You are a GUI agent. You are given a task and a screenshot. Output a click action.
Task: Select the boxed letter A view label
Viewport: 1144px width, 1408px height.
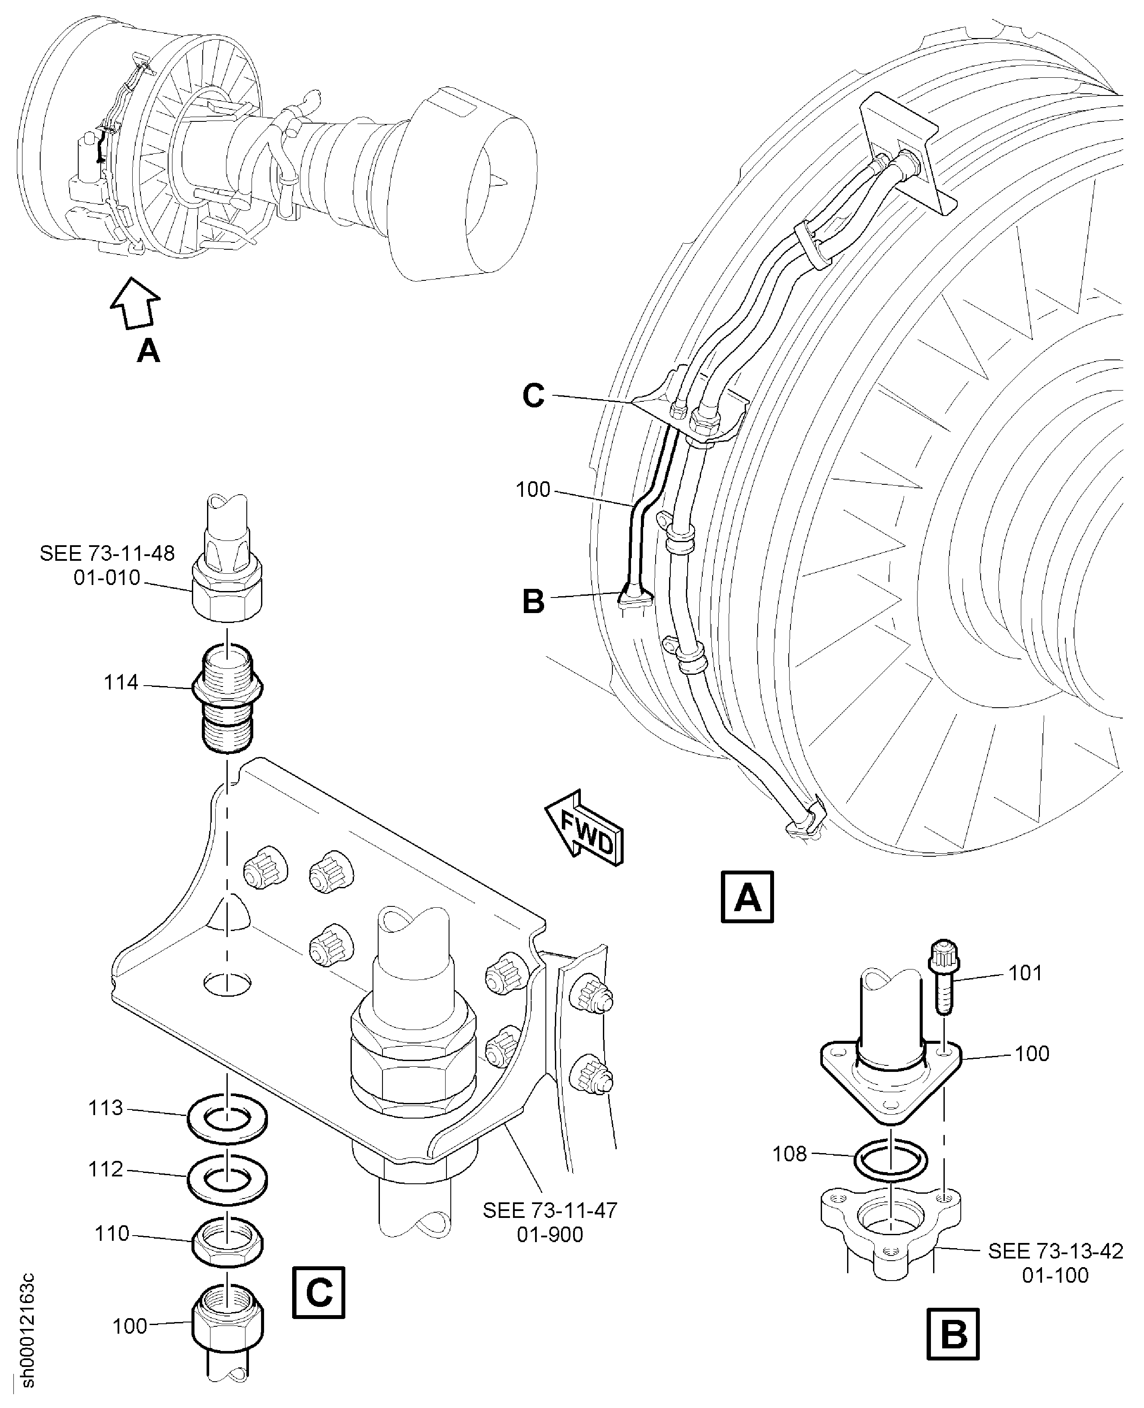pyautogui.click(x=747, y=897)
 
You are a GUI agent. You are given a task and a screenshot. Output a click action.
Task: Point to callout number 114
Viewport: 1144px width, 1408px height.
pyautogui.click(x=121, y=683)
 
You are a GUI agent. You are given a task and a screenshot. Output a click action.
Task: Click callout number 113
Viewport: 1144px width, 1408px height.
pyautogui.click(x=106, y=1108)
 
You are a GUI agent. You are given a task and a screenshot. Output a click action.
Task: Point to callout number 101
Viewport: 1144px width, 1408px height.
pyautogui.click(x=1026, y=973)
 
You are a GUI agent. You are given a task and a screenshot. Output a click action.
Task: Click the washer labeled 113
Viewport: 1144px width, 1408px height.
pyautogui.click(x=227, y=1119)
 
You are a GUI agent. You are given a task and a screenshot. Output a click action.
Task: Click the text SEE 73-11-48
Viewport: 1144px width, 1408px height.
pyautogui.click(x=108, y=553)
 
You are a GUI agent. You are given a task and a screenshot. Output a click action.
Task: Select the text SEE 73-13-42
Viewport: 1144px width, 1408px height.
pyautogui.click(x=1055, y=1251)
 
